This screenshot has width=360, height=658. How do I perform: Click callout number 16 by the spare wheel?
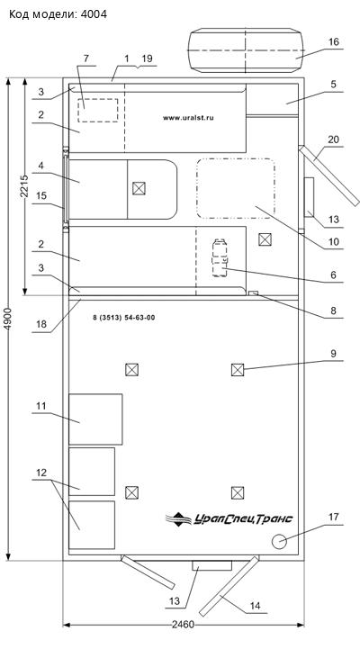click(334, 42)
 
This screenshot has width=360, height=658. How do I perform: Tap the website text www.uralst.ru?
click(188, 118)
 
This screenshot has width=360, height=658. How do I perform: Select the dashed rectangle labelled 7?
click(98, 111)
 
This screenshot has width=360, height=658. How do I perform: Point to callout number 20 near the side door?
click(334, 140)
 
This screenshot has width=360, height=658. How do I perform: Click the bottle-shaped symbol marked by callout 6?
click(220, 257)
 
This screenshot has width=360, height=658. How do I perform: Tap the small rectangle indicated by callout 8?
click(253, 293)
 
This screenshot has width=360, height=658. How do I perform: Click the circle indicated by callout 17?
click(279, 541)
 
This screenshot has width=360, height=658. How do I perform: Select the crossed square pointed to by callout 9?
click(238, 370)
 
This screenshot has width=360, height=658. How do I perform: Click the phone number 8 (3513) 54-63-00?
click(124, 318)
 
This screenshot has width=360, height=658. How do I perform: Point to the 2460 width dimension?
click(184, 625)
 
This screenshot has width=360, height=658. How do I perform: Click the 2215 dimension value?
click(24, 186)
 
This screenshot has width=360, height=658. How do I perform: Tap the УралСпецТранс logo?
click(229, 518)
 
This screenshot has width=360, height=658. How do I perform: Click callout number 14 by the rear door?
click(255, 606)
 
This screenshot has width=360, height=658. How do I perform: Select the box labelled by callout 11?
click(95, 419)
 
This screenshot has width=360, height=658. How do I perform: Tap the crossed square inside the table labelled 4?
click(139, 188)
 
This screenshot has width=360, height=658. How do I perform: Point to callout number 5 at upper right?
click(333, 84)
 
